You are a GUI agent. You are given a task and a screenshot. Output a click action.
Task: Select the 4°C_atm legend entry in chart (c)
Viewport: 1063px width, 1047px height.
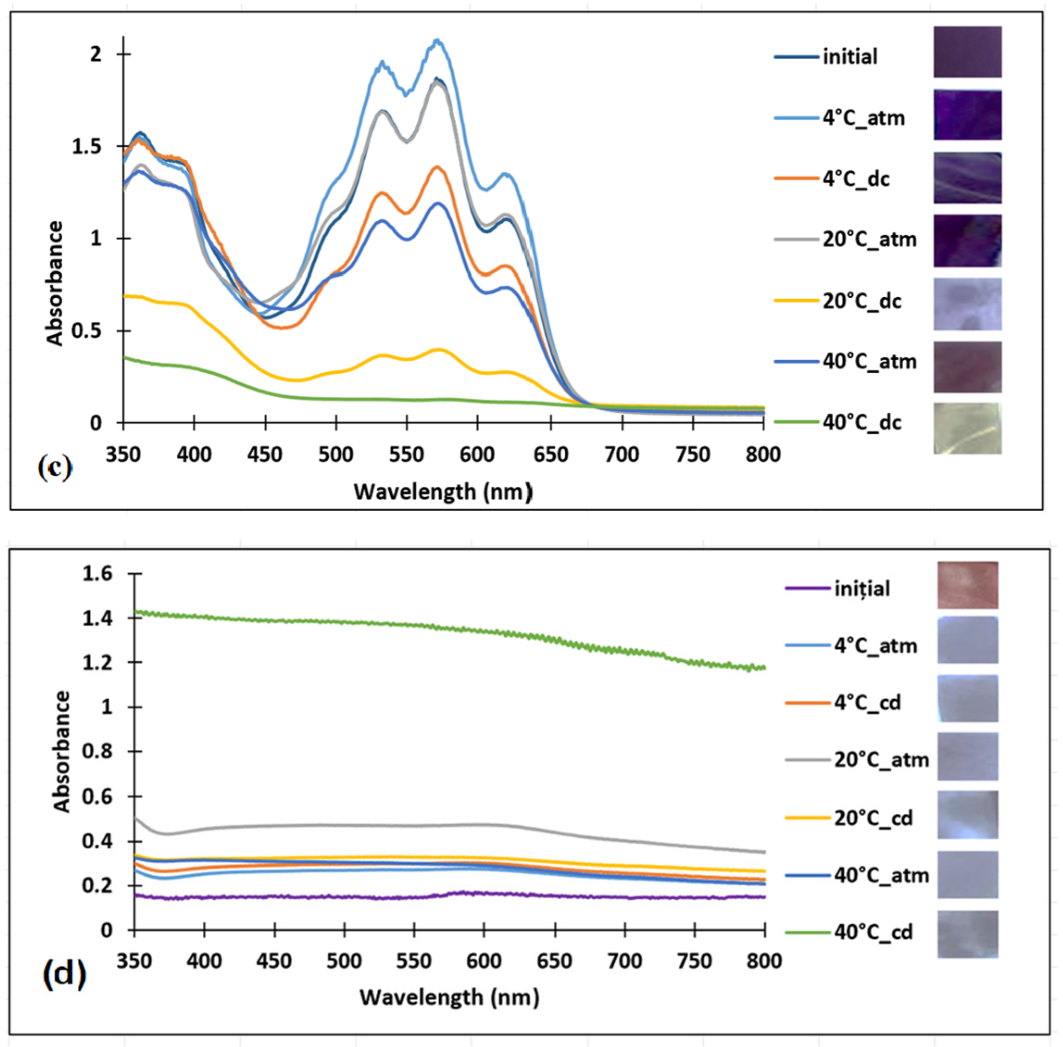click(x=863, y=118)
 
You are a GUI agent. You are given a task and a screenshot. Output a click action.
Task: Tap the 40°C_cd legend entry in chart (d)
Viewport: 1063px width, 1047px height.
click(x=873, y=932)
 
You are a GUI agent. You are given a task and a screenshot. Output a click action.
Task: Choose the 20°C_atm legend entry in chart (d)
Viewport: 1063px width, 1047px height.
click(x=881, y=759)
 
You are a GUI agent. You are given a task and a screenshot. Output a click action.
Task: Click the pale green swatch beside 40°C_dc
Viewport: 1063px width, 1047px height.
click(x=967, y=428)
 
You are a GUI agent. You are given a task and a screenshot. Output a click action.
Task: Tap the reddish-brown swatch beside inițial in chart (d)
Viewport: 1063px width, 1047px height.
click(x=967, y=584)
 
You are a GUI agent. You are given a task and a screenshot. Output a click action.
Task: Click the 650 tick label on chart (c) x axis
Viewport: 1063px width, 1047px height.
click(x=550, y=454)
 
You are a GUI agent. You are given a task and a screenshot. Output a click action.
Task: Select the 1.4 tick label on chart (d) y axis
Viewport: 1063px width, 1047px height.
click(x=97, y=619)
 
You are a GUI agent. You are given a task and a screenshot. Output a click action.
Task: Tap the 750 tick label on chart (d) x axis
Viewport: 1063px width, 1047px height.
click(x=694, y=961)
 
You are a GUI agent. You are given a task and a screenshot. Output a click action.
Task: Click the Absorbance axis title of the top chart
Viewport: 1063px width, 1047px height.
click(x=55, y=283)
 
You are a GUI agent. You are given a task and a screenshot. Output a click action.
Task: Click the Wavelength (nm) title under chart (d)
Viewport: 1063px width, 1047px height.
click(x=449, y=997)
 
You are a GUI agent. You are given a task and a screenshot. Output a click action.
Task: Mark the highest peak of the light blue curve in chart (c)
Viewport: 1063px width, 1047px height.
click(x=437, y=40)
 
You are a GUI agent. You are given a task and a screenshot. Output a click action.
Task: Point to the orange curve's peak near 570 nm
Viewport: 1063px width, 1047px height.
click(x=438, y=167)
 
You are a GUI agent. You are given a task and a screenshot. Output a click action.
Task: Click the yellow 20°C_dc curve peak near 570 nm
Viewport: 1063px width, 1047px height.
click(x=438, y=349)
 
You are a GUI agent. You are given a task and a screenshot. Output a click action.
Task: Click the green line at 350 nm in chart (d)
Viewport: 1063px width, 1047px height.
click(x=136, y=611)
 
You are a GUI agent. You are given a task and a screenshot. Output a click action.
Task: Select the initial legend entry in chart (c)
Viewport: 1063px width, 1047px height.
click(x=850, y=56)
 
